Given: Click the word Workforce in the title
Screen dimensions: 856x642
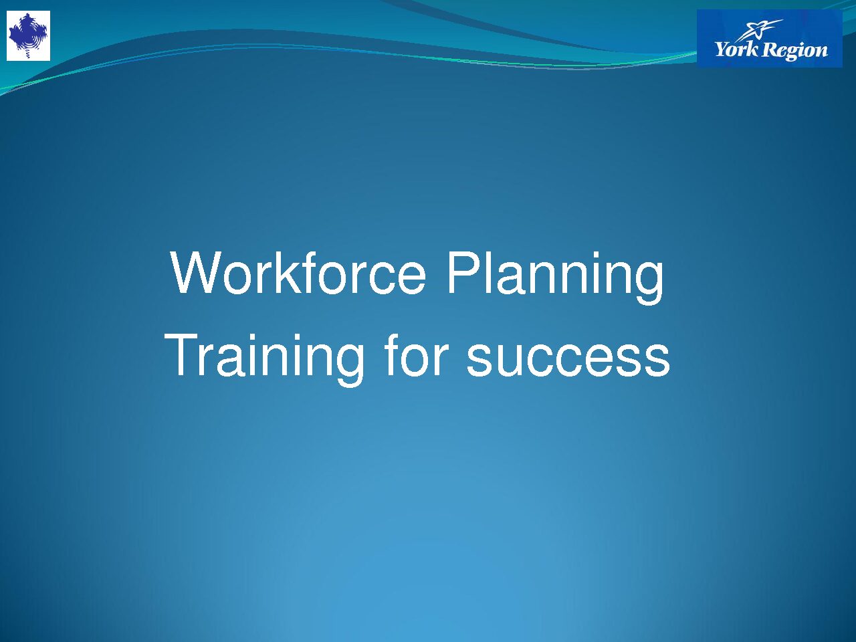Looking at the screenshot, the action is pyautogui.click(x=298, y=274).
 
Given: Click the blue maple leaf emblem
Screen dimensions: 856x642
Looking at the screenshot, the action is pyautogui.click(x=28, y=35).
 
